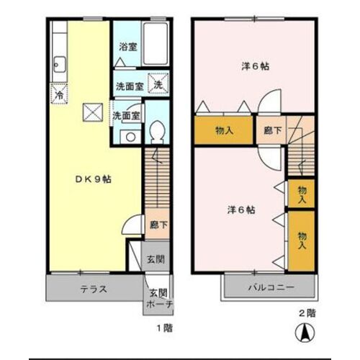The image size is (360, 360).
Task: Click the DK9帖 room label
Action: click(x=94, y=179)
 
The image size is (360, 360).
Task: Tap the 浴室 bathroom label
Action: click(x=128, y=47)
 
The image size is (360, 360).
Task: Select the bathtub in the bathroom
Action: click(x=156, y=44)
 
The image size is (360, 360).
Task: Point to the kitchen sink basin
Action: click(x=59, y=64)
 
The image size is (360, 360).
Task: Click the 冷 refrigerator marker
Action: click(x=59, y=94)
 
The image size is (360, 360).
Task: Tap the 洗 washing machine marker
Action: click(x=158, y=83)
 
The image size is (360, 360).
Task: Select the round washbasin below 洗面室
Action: click(x=130, y=137)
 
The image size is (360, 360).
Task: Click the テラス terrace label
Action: click(x=94, y=289)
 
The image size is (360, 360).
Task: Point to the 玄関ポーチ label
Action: click(x=159, y=299)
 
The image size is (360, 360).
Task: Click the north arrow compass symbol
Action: click(x=305, y=333)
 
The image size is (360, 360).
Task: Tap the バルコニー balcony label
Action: click(x=271, y=287)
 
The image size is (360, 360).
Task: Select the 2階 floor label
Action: click(x=307, y=313)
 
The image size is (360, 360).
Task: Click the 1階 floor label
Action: click(x=165, y=328)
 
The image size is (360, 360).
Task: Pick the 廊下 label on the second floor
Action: click(x=272, y=130)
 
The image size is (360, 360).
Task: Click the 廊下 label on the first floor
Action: click(x=158, y=225)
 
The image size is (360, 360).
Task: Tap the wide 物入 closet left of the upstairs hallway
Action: click(x=224, y=130)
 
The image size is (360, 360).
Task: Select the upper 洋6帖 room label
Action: click(x=255, y=66)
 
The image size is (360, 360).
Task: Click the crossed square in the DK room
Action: click(x=93, y=112)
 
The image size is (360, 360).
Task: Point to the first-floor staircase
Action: click(x=157, y=178)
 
